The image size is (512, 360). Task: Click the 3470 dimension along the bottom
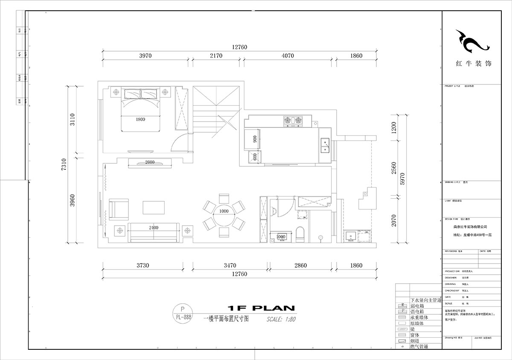click(230, 266)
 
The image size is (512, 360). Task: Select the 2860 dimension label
click(300, 266)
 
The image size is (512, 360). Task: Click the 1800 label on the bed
click(140, 119)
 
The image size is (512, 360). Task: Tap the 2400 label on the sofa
click(154, 228)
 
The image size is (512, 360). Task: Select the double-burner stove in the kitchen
click(293, 121)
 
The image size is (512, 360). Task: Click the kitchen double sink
click(325, 145)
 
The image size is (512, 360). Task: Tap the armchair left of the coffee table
click(118, 209)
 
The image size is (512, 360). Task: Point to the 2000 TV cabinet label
click(150, 163)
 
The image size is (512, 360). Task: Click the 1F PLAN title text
click(260, 308)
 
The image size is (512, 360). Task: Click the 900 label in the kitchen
click(255, 139)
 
